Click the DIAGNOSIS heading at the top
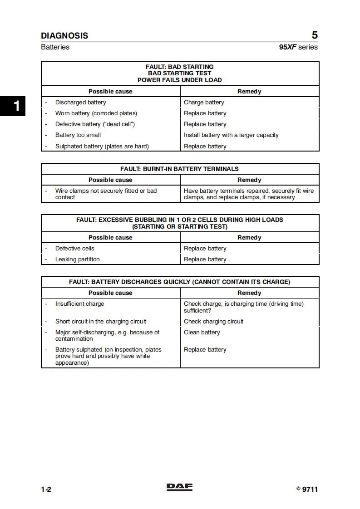[x=64, y=36]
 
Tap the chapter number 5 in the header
[x=315, y=35]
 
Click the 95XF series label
[x=298, y=47]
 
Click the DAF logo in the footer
[x=179, y=487]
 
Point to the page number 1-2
[x=46, y=489]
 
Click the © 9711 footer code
[x=307, y=489]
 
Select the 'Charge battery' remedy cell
[x=204, y=103]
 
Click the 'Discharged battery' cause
[x=80, y=103]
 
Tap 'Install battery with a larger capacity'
[x=231, y=135]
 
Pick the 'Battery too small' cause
[x=78, y=135]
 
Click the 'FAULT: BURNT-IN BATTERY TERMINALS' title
[x=179, y=169]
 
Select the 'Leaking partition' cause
[x=77, y=259]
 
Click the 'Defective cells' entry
[x=75, y=249]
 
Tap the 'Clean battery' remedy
[x=202, y=333]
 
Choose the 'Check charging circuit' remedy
[x=213, y=322]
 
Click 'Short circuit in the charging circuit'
[x=101, y=322]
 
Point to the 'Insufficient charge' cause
[x=79, y=304]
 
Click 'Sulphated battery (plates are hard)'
[x=102, y=147]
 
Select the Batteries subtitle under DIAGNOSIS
[x=55, y=47]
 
